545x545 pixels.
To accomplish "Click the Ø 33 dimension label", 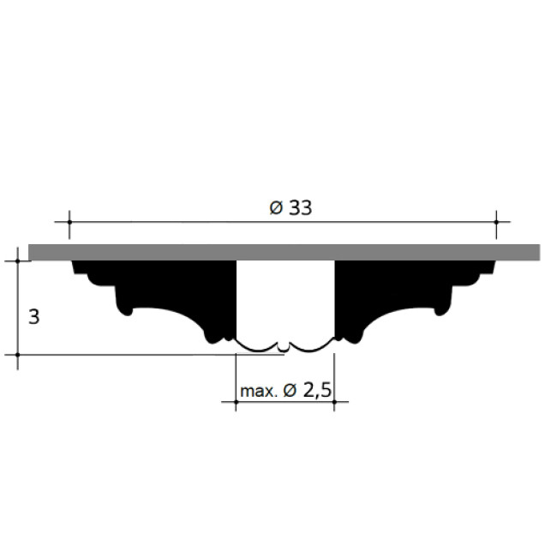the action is (290, 208).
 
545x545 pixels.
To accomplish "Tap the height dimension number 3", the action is (34, 317).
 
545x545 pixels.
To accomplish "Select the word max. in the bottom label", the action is (259, 392).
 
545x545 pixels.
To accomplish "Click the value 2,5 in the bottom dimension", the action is (317, 391).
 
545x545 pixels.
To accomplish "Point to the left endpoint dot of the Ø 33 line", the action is (69, 222).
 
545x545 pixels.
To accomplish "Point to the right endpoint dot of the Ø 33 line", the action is (496, 222).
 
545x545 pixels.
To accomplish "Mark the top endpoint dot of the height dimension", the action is (18, 261).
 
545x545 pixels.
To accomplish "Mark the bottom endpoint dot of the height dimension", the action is (18, 355).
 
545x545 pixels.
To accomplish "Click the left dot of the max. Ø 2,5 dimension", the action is (236, 402).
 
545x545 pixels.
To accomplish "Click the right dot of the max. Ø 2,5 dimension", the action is (334, 402).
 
